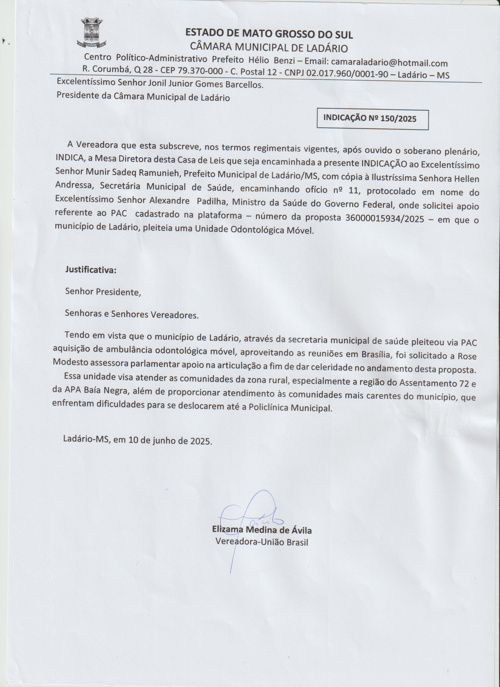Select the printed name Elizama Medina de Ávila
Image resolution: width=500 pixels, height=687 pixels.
[262, 530]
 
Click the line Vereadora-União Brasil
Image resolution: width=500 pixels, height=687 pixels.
[262, 542]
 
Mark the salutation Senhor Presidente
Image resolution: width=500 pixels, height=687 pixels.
[103, 292]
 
